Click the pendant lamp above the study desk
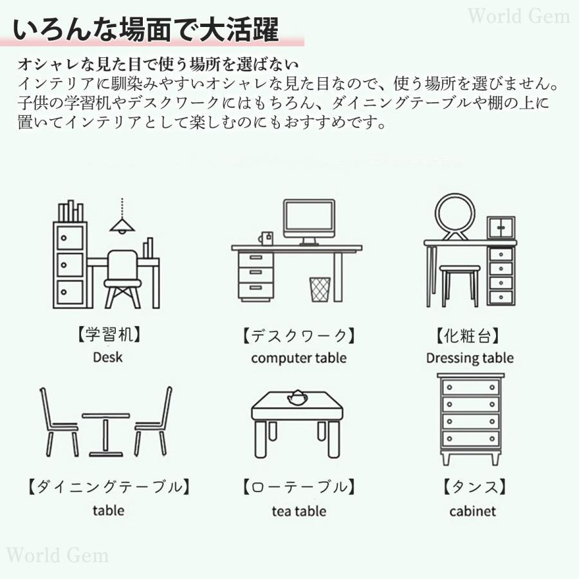tap(121, 224)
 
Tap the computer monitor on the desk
tap(309, 220)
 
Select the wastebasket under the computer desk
tap(320, 289)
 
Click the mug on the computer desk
tap(266, 238)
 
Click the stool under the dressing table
tap(459, 283)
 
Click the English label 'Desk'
tap(107, 356)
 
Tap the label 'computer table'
tap(299, 358)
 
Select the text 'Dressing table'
tap(470, 358)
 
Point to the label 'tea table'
tap(299, 511)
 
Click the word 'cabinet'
tap(473, 511)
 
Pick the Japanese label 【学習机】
tap(107, 335)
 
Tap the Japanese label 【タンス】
tap(473, 487)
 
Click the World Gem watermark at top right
tap(518, 16)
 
